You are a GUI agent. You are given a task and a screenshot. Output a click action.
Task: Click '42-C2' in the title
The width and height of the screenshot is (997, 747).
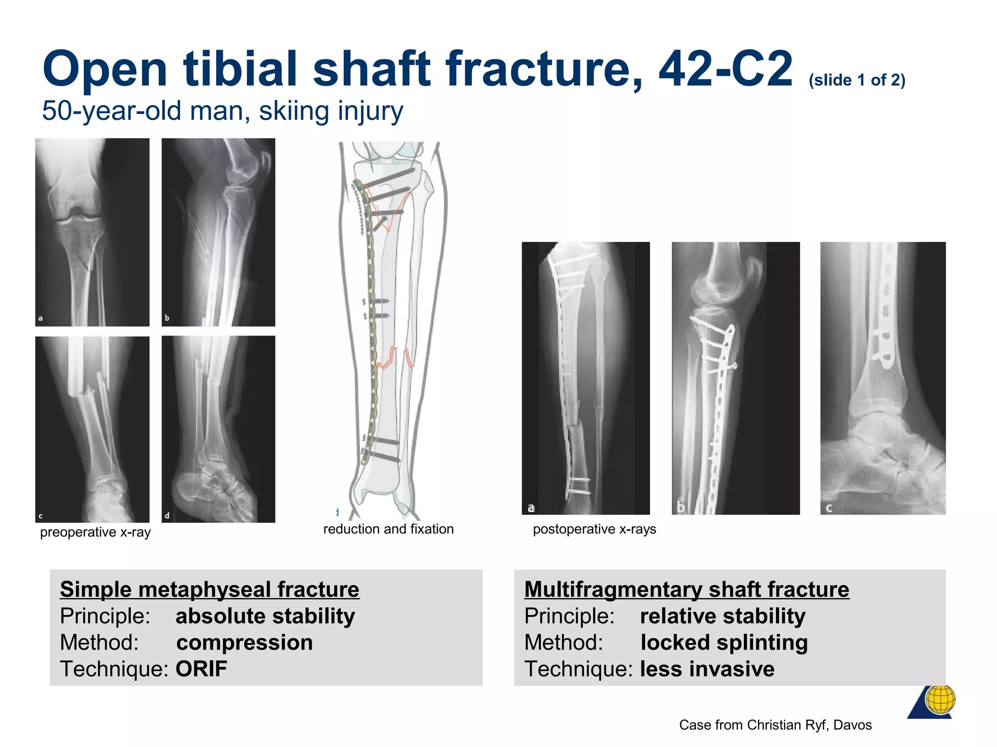[725, 69]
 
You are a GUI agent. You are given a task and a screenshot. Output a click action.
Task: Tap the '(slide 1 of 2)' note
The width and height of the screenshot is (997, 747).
[857, 80]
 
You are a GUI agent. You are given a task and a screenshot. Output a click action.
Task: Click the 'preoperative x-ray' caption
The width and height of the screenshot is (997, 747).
[95, 532]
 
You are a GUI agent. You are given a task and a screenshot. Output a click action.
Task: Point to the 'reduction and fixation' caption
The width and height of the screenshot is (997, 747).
[388, 529]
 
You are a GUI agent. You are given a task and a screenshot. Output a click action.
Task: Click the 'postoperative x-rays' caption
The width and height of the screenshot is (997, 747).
[594, 529]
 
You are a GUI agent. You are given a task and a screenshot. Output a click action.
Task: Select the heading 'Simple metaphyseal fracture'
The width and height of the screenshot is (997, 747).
[209, 589]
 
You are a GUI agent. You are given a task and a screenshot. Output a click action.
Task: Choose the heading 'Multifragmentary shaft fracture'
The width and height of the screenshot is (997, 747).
[686, 589]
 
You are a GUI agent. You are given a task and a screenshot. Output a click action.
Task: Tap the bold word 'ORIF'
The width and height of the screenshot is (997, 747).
[201, 669]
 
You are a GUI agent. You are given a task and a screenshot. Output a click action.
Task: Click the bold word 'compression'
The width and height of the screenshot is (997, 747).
[244, 642]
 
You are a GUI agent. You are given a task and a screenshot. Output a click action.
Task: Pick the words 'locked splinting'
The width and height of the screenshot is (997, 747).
[724, 642]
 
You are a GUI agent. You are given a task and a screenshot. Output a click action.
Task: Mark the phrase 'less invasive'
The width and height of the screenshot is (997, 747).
[707, 669]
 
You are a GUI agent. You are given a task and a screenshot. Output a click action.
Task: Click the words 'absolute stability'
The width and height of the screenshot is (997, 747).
[265, 616]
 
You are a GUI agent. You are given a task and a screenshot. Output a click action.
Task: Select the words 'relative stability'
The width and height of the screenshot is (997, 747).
[722, 616]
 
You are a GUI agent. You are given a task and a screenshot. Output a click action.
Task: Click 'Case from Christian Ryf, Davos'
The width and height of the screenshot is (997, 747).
[775, 725]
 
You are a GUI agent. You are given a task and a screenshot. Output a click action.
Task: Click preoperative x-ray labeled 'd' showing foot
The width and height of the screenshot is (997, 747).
[218, 429]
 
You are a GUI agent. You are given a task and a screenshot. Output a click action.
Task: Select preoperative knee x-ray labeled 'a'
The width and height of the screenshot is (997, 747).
[92, 232]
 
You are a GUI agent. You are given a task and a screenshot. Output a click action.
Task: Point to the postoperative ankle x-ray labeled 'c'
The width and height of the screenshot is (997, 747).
[883, 378]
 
